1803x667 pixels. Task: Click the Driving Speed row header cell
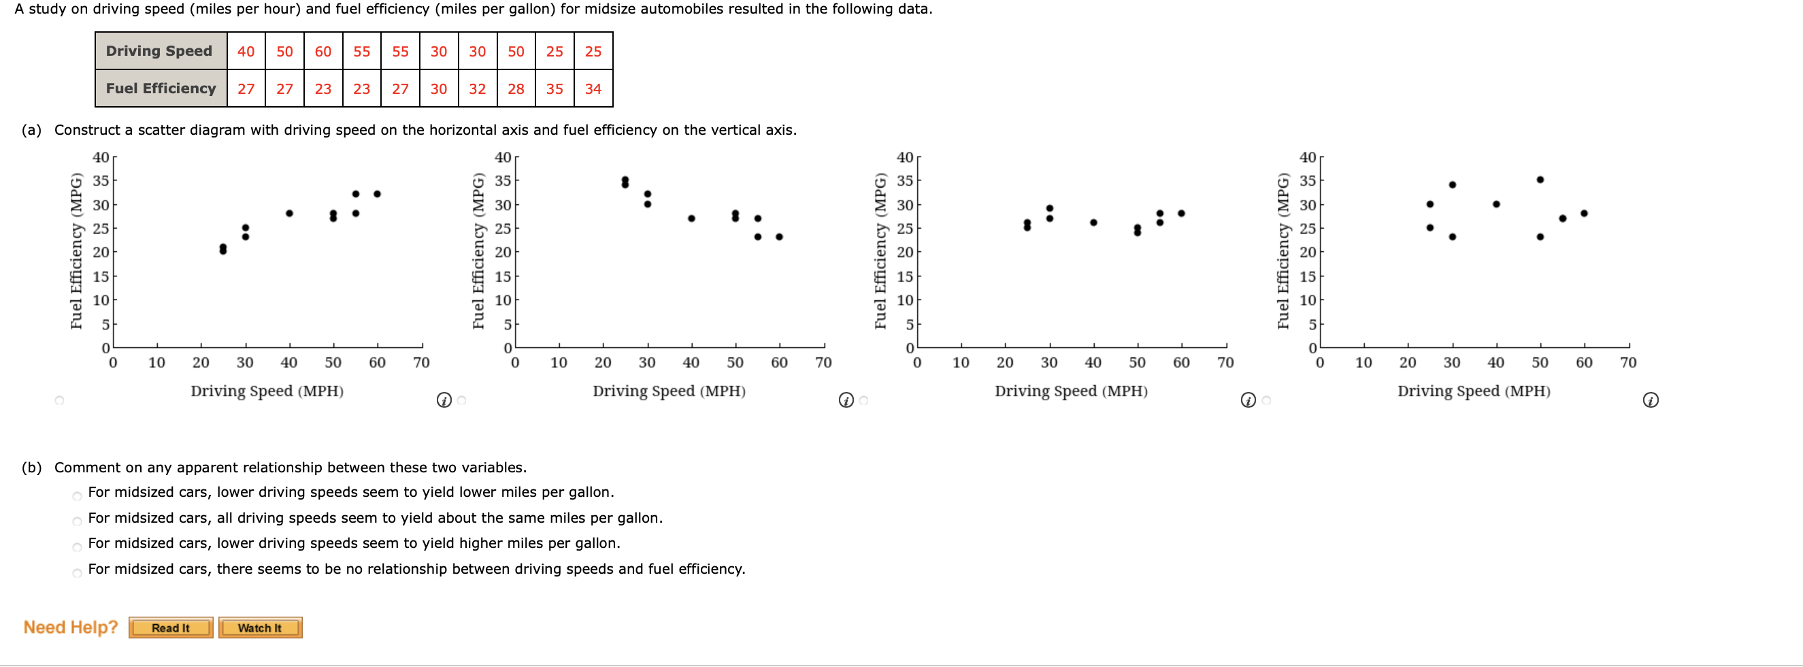coord(161,51)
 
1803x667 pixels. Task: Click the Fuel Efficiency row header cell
coord(161,89)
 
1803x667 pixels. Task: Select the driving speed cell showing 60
coord(322,51)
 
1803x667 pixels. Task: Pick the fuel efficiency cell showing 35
coord(555,89)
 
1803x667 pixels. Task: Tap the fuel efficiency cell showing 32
coord(478,89)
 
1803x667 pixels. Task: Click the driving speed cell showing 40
coord(246,51)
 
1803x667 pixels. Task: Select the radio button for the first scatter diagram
coord(59,400)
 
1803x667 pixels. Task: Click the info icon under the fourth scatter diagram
coord(1651,400)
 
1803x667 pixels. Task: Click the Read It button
coord(171,628)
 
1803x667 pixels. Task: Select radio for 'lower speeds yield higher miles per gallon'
coord(77,547)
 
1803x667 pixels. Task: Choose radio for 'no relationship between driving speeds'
coord(77,573)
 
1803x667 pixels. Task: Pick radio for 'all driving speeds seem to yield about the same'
coord(77,521)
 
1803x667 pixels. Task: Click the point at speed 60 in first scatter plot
coord(377,194)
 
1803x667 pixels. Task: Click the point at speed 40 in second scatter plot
coord(691,218)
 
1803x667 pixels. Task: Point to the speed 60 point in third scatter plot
coord(1181,214)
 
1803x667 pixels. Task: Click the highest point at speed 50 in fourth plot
coord(1540,180)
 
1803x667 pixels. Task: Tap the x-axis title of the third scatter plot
coord(1071,391)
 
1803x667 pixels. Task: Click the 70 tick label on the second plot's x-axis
coord(823,363)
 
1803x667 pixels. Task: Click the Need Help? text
coord(71,627)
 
